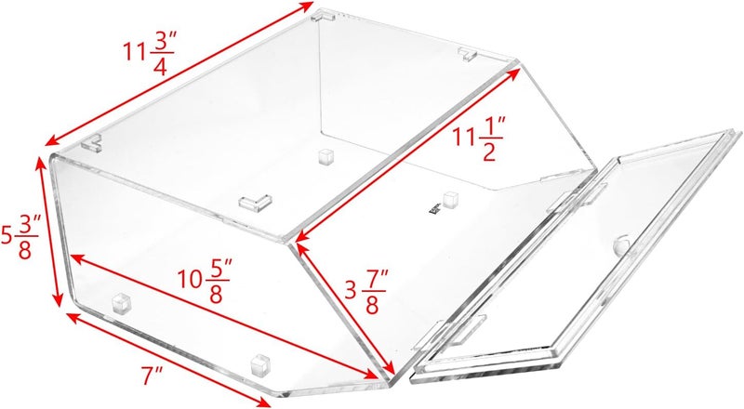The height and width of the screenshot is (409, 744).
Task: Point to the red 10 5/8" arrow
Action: coord(222,317)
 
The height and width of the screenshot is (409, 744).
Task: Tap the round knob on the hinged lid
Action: coord(621,244)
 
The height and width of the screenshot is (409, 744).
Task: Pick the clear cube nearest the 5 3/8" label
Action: coord(121,303)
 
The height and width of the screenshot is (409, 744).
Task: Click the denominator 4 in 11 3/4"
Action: coord(160,66)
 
